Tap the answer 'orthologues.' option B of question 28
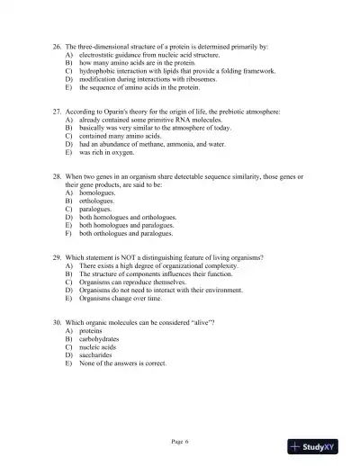(x=98, y=201)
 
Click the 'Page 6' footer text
(x=180, y=441)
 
